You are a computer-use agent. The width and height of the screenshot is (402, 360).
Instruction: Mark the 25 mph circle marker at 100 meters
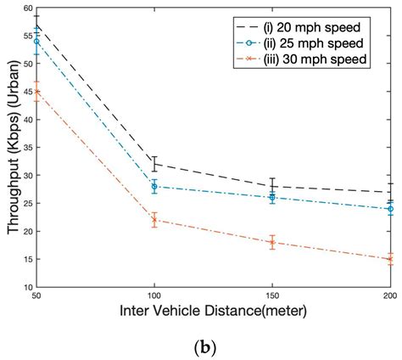tap(154, 187)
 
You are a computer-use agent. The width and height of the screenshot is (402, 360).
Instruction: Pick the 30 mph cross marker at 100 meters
tap(154, 220)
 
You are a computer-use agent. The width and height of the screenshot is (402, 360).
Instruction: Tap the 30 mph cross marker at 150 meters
tap(272, 242)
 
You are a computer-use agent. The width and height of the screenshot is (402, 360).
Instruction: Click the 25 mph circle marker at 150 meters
tap(272, 198)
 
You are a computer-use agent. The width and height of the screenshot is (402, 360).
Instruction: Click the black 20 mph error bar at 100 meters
tap(154, 163)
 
